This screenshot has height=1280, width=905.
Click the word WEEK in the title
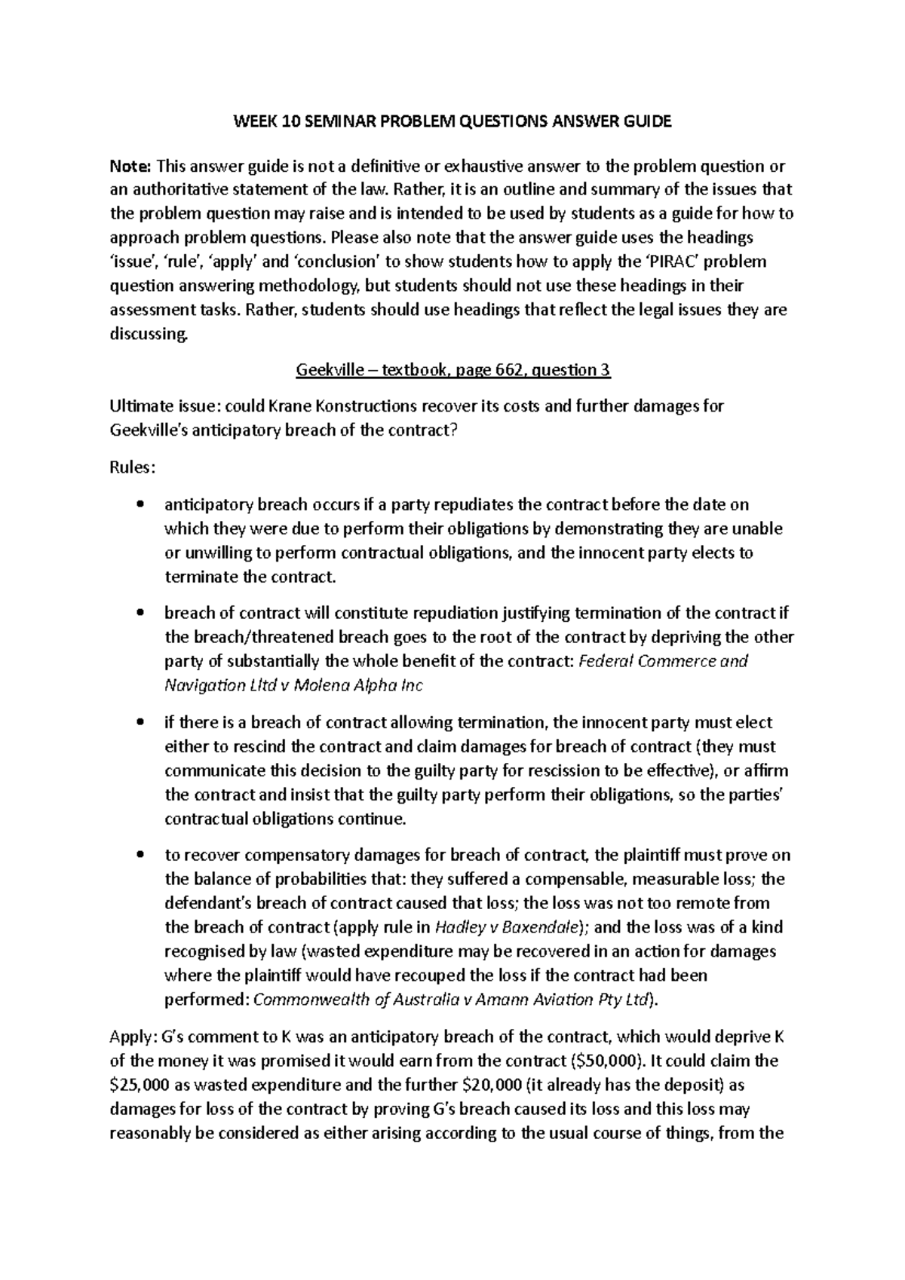coord(253,122)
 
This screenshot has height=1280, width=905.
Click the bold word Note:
coord(131,165)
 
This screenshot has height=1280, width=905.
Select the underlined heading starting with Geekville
coord(452,370)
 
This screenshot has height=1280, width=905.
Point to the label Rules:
coord(133,467)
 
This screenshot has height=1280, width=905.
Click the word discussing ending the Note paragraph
coord(146,334)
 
